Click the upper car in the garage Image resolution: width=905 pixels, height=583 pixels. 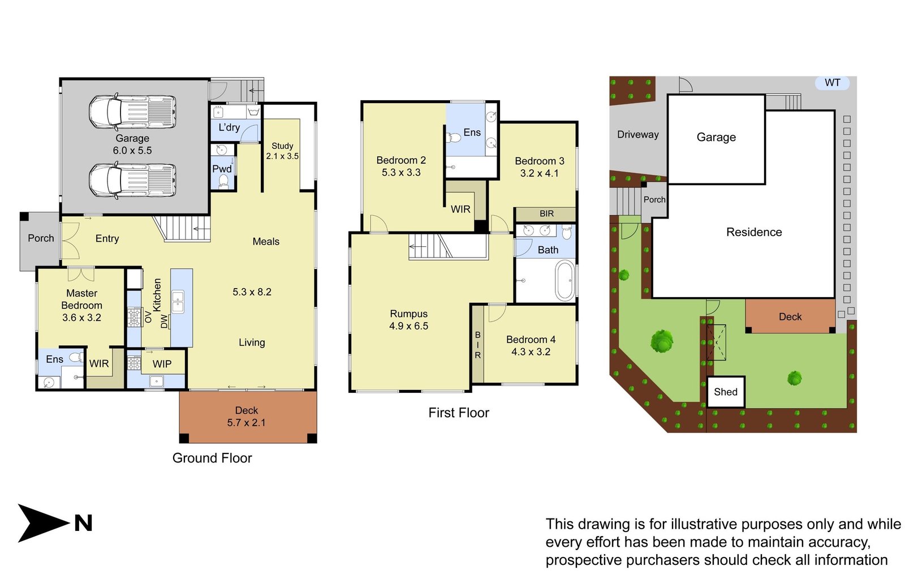[132, 112]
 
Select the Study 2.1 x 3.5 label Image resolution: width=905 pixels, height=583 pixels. [282, 151]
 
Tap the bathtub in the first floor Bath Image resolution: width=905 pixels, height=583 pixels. [564, 280]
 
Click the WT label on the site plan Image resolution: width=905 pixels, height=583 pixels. [832, 83]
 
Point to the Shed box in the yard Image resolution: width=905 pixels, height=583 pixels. [725, 392]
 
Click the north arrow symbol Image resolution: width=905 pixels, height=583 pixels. [42, 522]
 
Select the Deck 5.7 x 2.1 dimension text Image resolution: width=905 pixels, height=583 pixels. [246, 422]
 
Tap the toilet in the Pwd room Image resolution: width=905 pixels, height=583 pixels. [223, 181]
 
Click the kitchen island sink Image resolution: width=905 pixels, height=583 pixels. [178, 302]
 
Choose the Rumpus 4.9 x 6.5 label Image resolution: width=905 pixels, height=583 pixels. [408, 320]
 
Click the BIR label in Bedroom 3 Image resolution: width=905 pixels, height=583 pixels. [546, 213]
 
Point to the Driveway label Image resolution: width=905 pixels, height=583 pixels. [637, 135]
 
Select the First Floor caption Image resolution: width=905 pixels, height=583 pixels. [458, 413]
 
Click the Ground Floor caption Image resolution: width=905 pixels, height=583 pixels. [212, 458]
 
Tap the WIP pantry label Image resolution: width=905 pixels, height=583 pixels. [162, 364]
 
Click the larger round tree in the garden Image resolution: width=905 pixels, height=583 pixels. [661, 341]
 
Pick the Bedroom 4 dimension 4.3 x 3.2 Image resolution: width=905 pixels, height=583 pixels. [531, 351]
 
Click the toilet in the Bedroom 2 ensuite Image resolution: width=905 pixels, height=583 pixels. [454, 138]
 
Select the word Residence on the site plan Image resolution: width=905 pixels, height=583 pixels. [753, 232]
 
